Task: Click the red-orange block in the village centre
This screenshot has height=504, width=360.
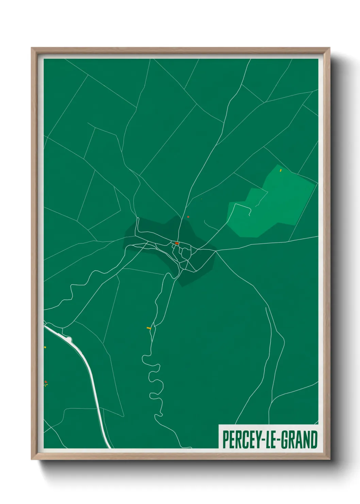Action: (177, 243)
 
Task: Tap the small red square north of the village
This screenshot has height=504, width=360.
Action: (188, 217)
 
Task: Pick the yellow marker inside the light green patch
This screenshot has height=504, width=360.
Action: (281, 170)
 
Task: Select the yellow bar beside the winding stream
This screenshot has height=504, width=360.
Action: (149, 328)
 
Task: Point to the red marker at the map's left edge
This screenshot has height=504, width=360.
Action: (45, 382)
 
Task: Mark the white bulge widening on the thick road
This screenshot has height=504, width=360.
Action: (69, 339)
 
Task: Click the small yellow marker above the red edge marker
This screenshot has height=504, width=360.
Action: (45, 347)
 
